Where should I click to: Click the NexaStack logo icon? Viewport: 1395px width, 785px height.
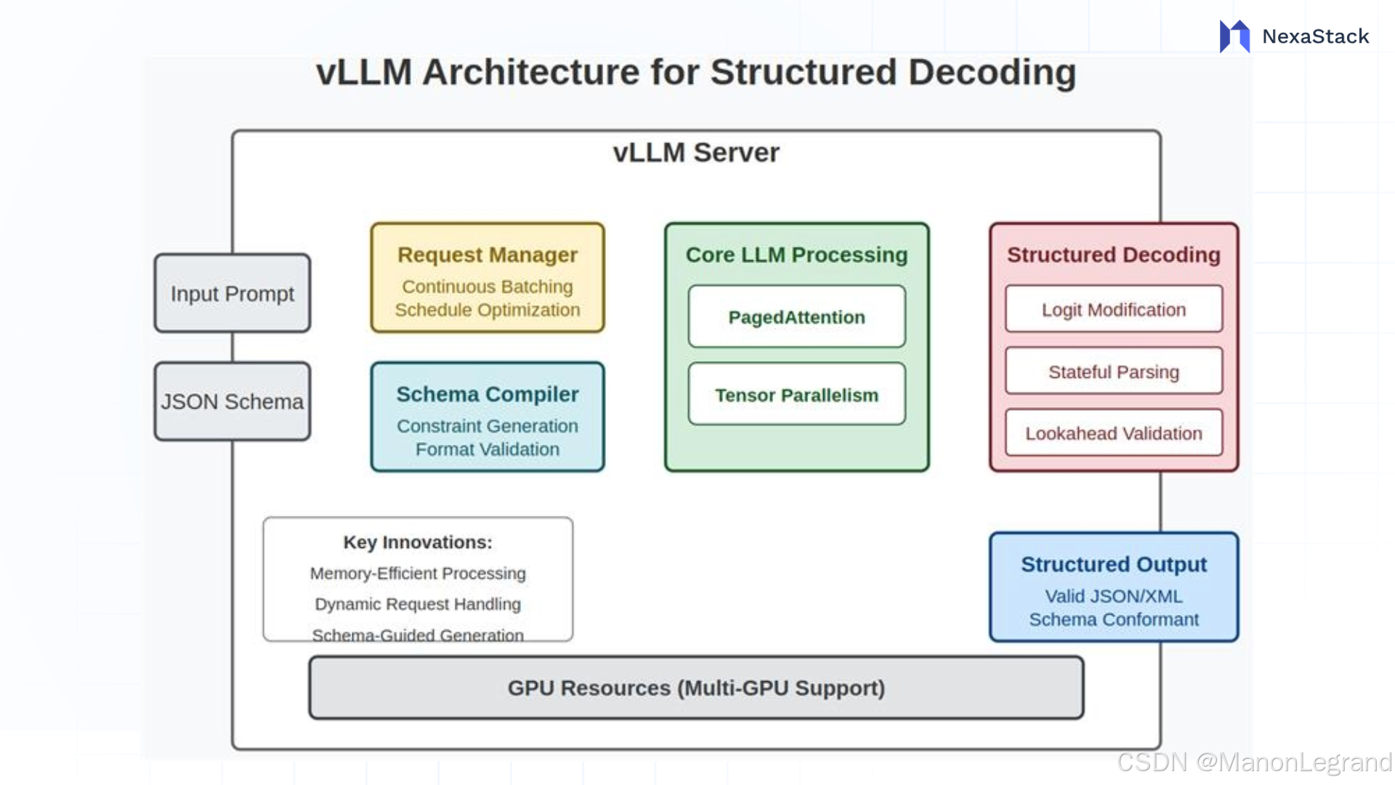[x=1234, y=36]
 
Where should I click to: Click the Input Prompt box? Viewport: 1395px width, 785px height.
[x=232, y=294]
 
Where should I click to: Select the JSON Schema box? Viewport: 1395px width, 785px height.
[x=232, y=402]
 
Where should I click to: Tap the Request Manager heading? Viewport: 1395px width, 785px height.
[x=488, y=255]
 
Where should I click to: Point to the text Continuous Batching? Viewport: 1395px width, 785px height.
[x=488, y=287]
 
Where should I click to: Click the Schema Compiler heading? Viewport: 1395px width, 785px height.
[x=488, y=395]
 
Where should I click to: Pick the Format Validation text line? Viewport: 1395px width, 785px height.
[x=488, y=450]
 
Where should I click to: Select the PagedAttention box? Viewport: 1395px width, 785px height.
[x=797, y=318]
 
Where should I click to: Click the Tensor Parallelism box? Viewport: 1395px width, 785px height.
[x=797, y=395]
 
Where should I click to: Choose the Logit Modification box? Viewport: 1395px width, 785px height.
[x=1114, y=310]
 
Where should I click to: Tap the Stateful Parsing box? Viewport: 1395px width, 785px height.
[x=1114, y=372]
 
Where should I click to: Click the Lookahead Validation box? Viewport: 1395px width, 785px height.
[x=1114, y=434]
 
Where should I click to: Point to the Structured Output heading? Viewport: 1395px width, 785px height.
[x=1114, y=565]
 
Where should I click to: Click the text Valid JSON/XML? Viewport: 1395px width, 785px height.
[x=1114, y=597]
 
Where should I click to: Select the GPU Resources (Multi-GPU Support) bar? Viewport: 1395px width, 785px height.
[x=696, y=688]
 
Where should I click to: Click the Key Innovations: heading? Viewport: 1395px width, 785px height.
[x=418, y=543]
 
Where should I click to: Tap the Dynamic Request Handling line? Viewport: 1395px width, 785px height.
[x=418, y=605]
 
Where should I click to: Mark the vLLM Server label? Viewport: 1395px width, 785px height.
[x=696, y=153]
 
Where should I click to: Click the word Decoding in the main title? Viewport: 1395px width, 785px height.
[x=992, y=73]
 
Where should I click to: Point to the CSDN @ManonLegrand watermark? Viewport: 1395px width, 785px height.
[x=1254, y=762]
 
